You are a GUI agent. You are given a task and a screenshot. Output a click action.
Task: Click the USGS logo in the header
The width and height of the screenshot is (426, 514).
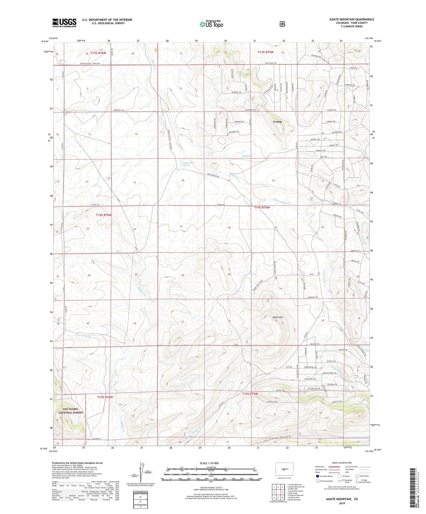pos(64,23)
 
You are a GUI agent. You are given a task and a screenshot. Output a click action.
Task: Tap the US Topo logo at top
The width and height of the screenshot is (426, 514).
pos(211,24)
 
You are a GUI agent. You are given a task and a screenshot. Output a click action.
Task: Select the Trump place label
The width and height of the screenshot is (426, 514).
pos(277,122)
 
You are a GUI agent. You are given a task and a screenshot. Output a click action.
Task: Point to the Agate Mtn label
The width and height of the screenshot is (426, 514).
pos(277,317)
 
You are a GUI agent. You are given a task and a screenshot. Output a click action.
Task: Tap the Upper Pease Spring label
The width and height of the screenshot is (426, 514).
pos(189,164)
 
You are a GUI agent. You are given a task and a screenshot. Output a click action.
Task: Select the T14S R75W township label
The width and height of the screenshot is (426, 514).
pos(262,207)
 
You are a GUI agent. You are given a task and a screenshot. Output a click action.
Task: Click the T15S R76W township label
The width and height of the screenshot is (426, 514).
pos(105,397)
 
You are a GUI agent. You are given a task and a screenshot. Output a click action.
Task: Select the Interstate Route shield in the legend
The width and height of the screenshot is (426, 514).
pos(318,476)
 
